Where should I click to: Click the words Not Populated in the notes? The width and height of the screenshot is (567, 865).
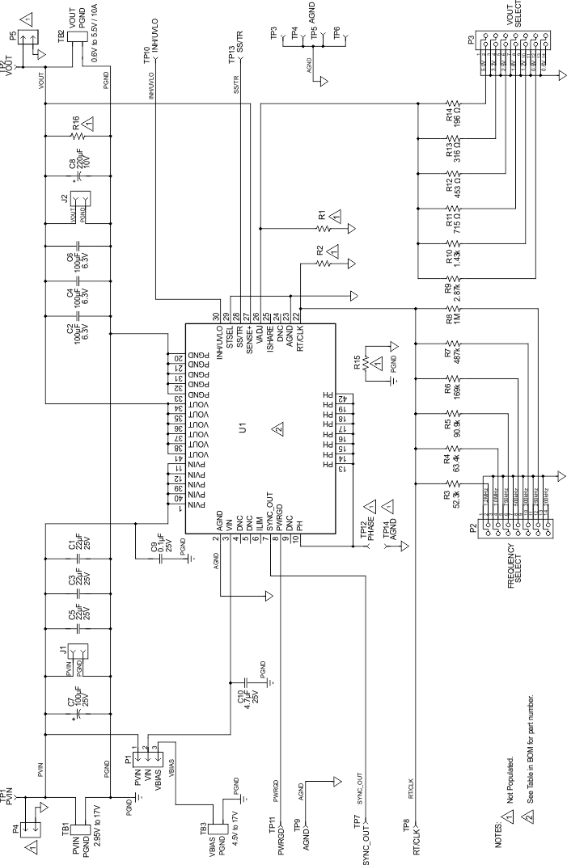click(x=511, y=776)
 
